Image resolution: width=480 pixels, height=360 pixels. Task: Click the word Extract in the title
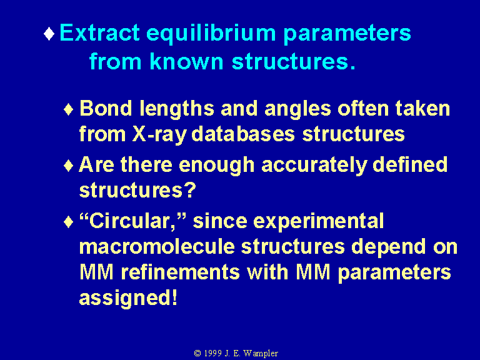[x=99, y=32]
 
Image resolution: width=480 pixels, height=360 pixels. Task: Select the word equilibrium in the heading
[x=211, y=34]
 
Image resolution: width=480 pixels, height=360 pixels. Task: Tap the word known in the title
[x=186, y=61]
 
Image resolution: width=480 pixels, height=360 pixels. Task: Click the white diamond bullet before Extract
[x=49, y=34]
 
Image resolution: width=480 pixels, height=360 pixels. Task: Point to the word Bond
[x=106, y=108]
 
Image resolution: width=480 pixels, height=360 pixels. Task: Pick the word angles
[x=297, y=110]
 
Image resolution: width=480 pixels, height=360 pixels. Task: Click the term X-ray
[x=159, y=135]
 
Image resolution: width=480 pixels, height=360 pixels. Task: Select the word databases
[x=243, y=134]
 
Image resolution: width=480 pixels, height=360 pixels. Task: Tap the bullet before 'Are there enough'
[x=69, y=166]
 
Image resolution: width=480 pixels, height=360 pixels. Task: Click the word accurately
[x=314, y=166]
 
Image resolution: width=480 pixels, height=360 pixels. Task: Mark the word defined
[x=410, y=164]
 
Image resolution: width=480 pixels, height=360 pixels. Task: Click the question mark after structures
[x=190, y=190]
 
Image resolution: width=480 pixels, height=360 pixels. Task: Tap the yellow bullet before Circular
[x=69, y=222]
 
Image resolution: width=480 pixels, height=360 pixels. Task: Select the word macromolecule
[x=157, y=247]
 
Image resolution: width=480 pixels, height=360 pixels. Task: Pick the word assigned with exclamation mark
[x=128, y=298]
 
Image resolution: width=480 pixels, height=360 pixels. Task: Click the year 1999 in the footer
[x=212, y=353]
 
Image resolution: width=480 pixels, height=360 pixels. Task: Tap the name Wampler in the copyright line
[x=261, y=354]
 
